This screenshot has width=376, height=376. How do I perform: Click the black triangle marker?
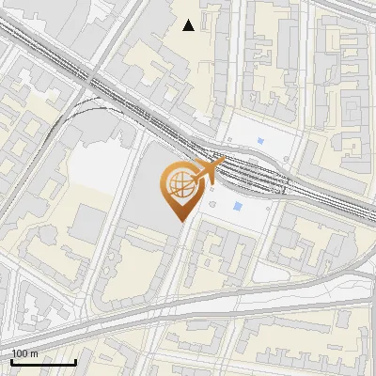tap(189, 25)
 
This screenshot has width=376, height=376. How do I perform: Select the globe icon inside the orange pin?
tap(179, 183)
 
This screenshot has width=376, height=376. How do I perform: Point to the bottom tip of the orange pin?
tap(179, 221)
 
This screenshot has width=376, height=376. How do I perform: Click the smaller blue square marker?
tap(260, 144)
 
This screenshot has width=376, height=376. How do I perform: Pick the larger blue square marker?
tap(238, 206)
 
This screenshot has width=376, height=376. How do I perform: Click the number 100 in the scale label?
tap(19, 353)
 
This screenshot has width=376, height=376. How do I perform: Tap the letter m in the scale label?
tap(34, 353)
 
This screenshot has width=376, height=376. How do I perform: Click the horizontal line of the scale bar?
tap(42, 363)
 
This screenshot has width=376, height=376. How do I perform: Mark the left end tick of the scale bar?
tap(11, 361)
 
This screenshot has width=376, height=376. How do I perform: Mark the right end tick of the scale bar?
tap(75, 361)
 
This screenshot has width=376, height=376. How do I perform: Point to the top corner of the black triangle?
tap(189, 20)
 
